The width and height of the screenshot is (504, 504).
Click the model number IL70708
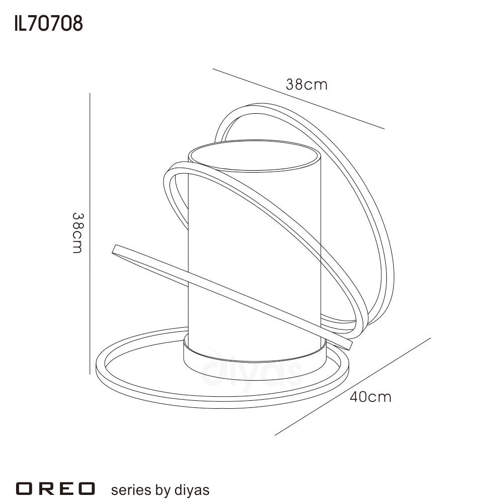[48, 24]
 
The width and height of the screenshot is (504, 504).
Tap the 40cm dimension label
[370, 397]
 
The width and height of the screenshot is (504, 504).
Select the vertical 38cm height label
[77, 233]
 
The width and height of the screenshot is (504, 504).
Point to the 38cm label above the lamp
[306, 85]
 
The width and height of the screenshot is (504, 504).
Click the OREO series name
[55, 488]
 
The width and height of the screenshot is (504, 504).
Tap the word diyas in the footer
[192, 490]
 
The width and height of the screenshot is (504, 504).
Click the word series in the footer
[130, 490]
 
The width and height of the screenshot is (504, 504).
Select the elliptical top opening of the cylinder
[255, 156]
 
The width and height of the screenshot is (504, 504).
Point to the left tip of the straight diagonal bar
[114, 249]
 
